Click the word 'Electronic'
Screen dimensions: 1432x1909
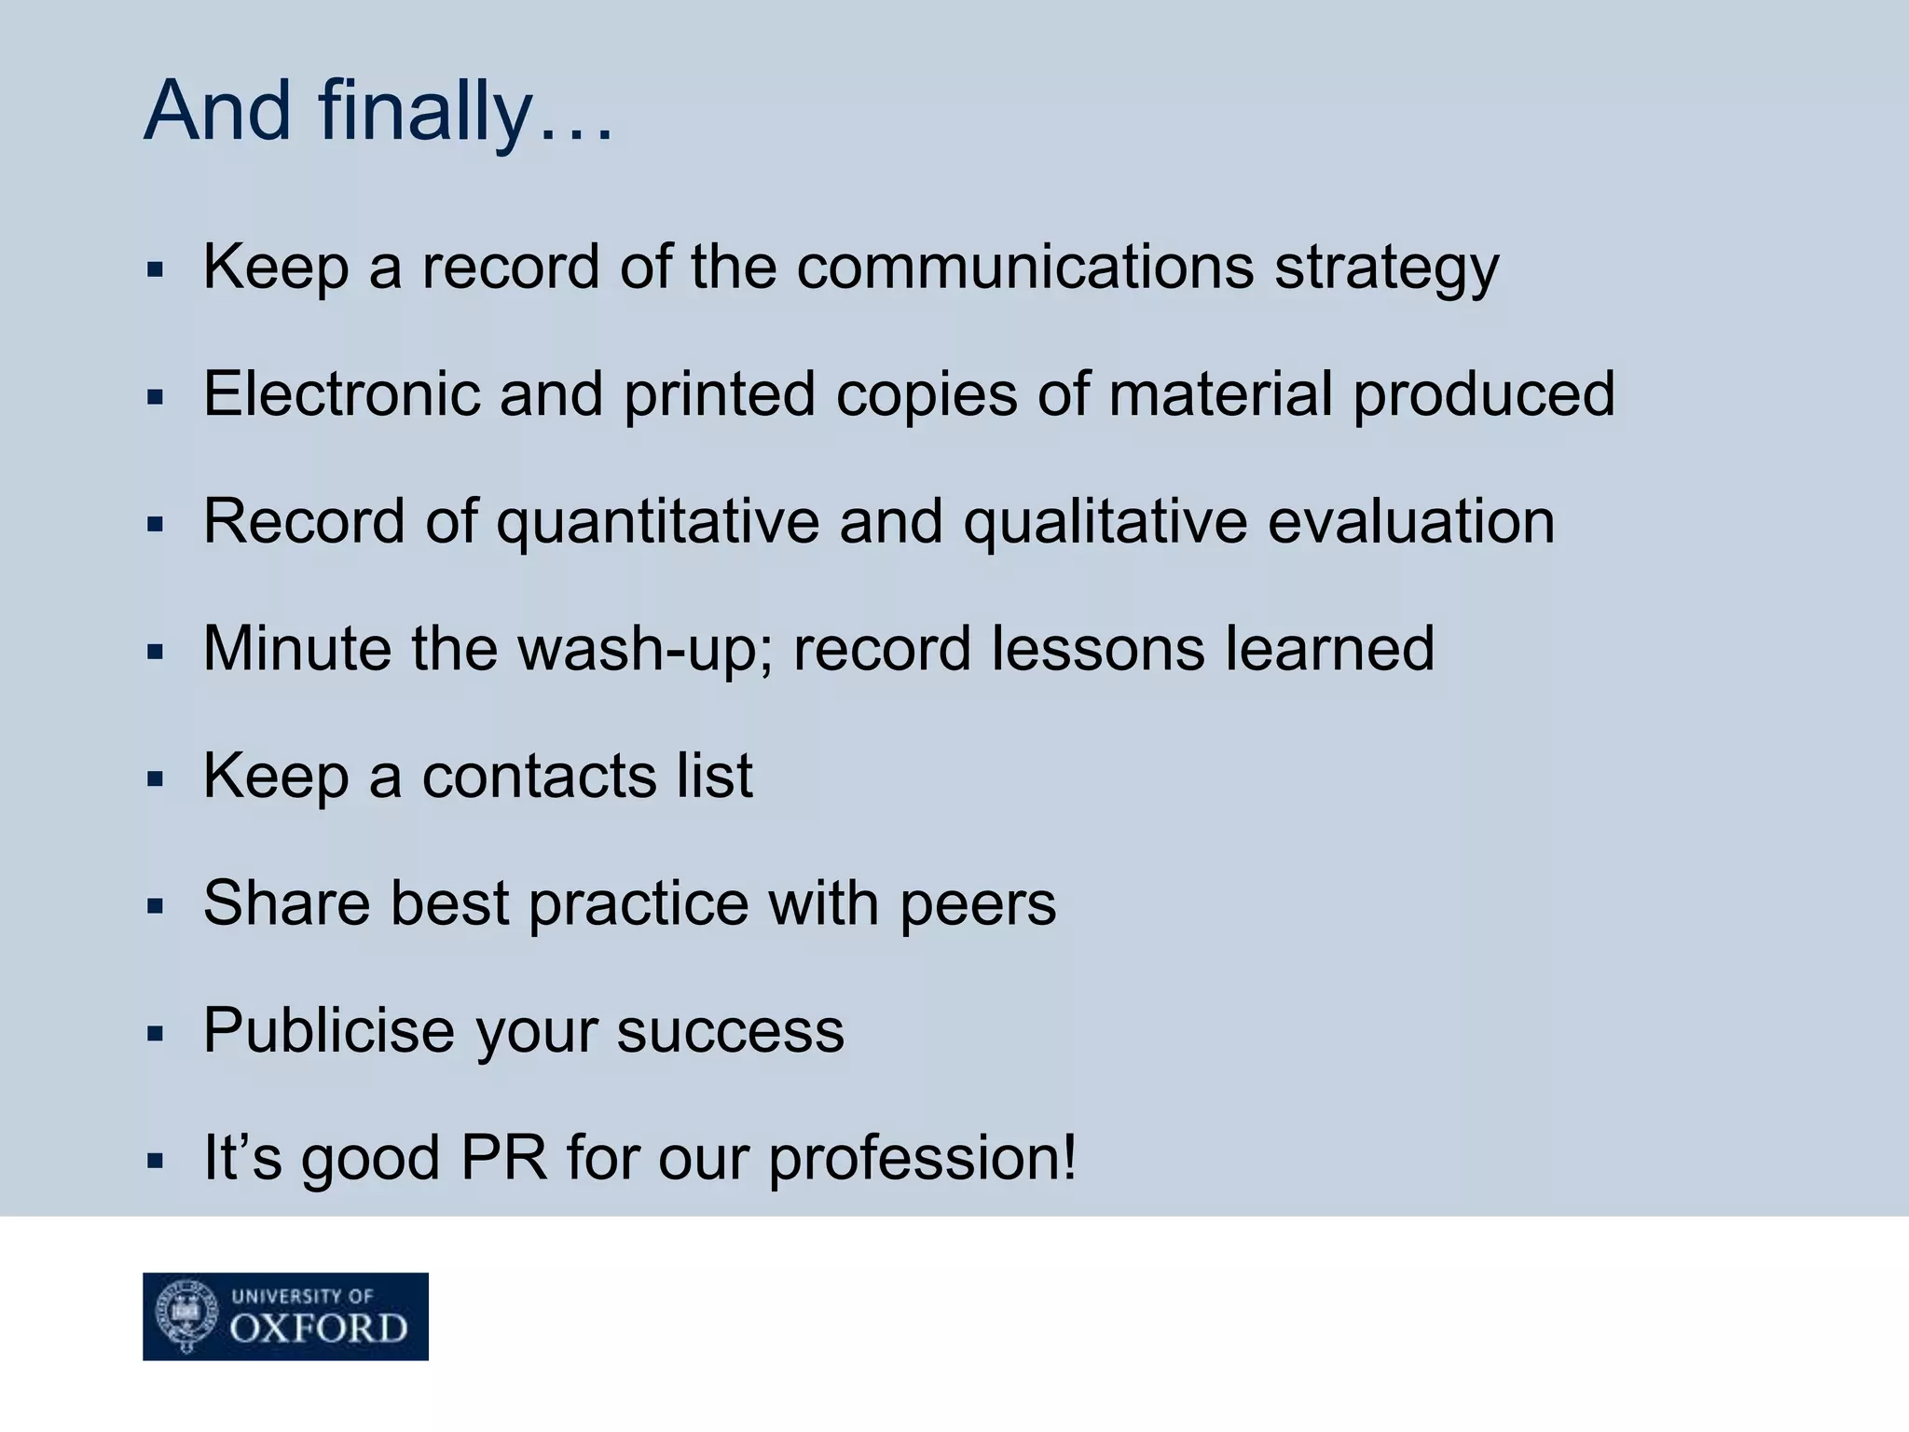point(341,393)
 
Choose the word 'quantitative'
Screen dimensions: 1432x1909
point(657,522)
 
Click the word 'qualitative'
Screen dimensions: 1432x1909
point(1105,522)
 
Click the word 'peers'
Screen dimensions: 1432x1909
point(978,904)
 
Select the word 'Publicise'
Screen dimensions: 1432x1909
point(329,1031)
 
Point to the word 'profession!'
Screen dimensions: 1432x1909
point(922,1160)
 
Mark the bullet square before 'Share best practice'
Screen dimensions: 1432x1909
point(155,905)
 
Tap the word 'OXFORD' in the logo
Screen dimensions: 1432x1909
point(319,1329)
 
